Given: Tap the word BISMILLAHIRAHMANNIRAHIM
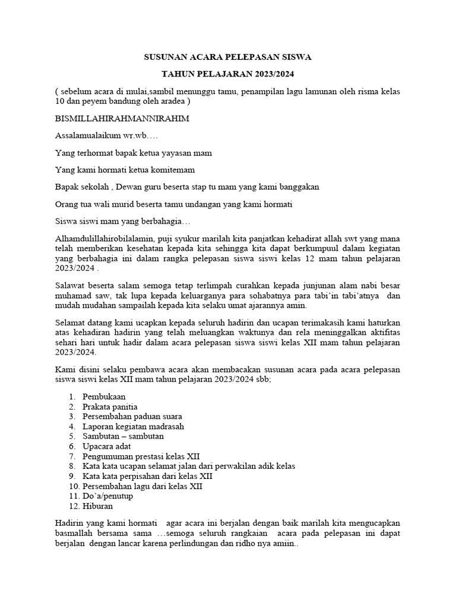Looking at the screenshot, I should [x=122, y=118].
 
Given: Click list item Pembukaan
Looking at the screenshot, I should [x=104, y=396].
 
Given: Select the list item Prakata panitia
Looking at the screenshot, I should [x=110, y=407].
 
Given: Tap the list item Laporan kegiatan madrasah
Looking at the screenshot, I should [x=133, y=426].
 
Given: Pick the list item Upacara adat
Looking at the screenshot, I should [x=107, y=446].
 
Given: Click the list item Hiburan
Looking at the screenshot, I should [x=98, y=506].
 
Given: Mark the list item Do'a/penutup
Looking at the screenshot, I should [x=108, y=496].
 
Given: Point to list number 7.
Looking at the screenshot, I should [x=71, y=456].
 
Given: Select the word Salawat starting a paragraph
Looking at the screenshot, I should [x=70, y=286].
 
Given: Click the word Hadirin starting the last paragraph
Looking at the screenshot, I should [x=70, y=523].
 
